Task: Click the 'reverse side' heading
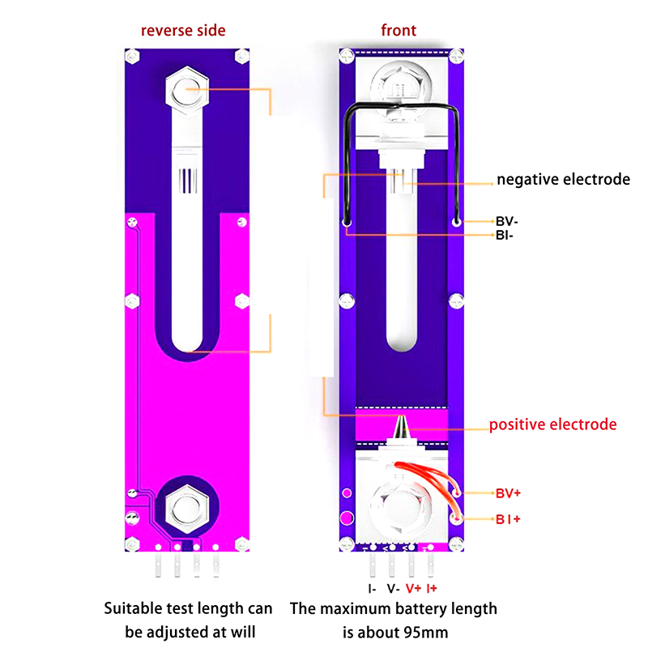tap(183, 31)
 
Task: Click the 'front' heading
tap(399, 30)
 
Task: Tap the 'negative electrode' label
tap(563, 179)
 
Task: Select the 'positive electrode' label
tap(552, 424)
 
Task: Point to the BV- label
tap(507, 221)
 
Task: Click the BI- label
tap(504, 236)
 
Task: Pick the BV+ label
tap(508, 493)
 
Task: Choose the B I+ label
tap(508, 519)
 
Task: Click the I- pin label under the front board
tap(372, 589)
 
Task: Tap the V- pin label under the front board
tap(393, 589)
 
